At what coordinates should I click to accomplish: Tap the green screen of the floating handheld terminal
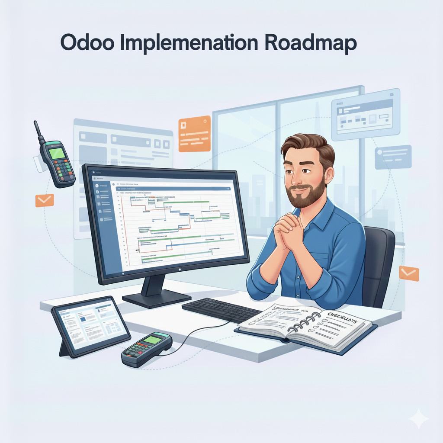pos(58,153)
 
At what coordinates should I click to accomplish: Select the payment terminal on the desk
pos(146,349)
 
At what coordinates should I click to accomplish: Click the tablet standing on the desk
pos(91,325)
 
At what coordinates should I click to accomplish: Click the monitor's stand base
pos(157,298)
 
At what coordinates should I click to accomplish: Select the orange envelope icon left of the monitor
pos(45,200)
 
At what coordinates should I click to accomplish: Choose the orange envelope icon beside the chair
pos(409,273)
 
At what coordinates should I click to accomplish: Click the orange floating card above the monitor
pos(194,134)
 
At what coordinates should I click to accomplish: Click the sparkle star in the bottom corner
pos(418,419)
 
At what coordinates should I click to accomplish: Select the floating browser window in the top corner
pos(365,114)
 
